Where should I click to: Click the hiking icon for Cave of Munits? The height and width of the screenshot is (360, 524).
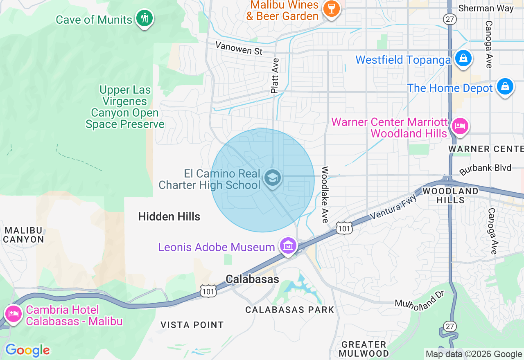click(x=144, y=18)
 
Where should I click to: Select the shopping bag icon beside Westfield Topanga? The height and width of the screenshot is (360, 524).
click(x=463, y=59)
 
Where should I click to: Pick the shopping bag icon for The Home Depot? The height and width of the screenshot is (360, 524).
click(x=505, y=87)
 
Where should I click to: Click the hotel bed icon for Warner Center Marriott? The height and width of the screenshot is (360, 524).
click(x=460, y=126)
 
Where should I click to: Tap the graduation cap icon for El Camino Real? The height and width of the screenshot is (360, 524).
click(x=272, y=178)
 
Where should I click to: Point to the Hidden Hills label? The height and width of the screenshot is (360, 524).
click(x=169, y=216)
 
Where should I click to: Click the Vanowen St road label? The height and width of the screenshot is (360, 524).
click(x=239, y=48)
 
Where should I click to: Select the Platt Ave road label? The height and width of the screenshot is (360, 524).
click(x=275, y=76)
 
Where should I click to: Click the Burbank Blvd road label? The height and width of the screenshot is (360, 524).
click(x=485, y=169)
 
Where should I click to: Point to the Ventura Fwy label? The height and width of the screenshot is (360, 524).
click(x=393, y=207)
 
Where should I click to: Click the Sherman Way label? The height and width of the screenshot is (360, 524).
click(x=486, y=8)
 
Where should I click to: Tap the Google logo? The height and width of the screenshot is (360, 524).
click(x=27, y=350)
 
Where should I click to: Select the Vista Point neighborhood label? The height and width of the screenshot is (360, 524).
click(x=192, y=325)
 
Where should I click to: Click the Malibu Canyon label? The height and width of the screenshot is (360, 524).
click(x=24, y=235)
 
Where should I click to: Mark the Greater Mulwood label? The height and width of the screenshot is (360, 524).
click(x=364, y=349)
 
